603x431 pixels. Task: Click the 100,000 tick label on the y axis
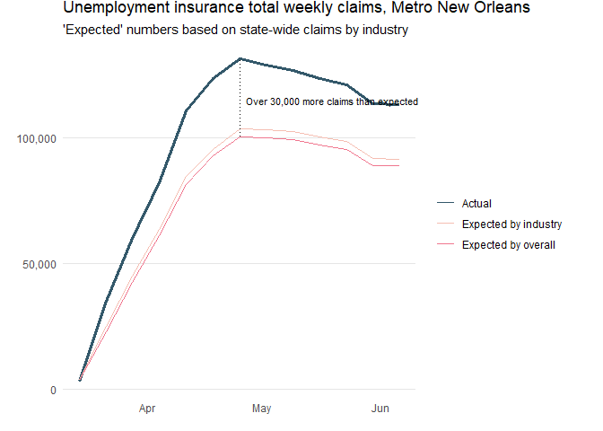pyautogui.click(x=36, y=138)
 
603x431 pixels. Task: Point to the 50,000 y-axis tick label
pyautogui.click(x=39, y=264)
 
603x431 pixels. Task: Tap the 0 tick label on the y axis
pyautogui.click(x=53, y=390)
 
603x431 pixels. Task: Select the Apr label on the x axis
pyautogui.click(x=147, y=409)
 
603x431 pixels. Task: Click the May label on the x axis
pyautogui.click(x=261, y=409)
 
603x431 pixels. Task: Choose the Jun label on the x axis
pyautogui.click(x=380, y=409)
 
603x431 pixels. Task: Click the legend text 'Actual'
pyautogui.click(x=476, y=204)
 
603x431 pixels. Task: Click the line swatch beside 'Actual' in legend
pyautogui.click(x=446, y=204)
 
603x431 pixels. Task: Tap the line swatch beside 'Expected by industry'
pyautogui.click(x=446, y=224)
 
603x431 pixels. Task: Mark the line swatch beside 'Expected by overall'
pyautogui.click(x=446, y=245)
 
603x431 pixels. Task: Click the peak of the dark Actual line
pyautogui.click(x=240, y=59)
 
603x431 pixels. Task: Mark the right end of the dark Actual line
pyautogui.click(x=399, y=105)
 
